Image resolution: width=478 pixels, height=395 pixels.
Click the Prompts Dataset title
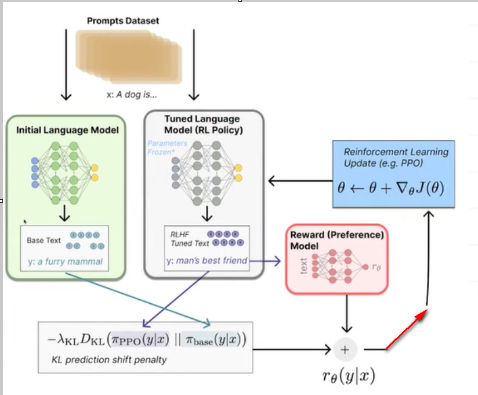[x=123, y=21]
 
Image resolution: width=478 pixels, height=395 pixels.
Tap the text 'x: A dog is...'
[x=132, y=95]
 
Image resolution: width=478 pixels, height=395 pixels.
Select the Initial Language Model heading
[x=68, y=130]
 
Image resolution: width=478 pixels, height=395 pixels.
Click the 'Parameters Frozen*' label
[x=168, y=148]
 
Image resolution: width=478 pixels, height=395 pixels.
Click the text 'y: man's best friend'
[x=206, y=261]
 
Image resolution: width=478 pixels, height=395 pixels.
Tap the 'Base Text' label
[x=44, y=240]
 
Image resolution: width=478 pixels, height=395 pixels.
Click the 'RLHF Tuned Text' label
[x=189, y=239]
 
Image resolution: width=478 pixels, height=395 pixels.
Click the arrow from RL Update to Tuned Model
[x=299, y=181]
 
